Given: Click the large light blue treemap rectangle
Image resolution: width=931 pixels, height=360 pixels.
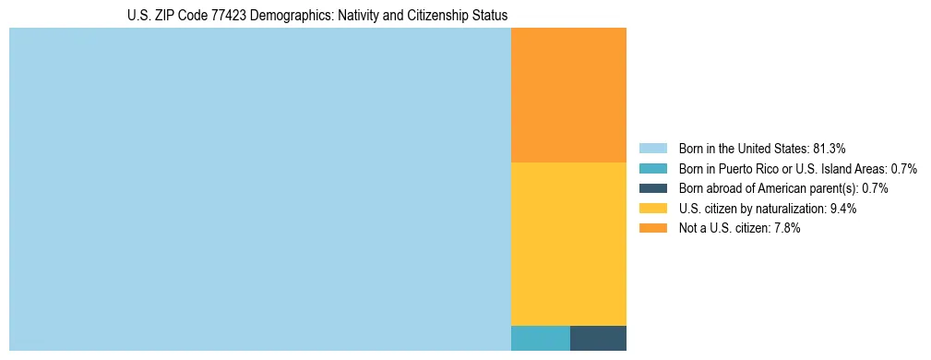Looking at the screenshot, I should (x=259, y=189).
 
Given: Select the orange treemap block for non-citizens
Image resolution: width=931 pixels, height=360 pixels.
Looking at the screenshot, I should (x=568, y=95).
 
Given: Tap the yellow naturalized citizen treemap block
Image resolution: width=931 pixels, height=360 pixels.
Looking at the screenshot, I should (x=568, y=244).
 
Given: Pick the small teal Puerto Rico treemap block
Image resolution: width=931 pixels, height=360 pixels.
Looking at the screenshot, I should (x=540, y=338).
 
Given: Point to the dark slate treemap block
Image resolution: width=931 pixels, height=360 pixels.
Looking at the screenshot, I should (x=598, y=338).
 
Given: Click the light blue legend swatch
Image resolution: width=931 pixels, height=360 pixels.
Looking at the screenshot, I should (x=652, y=149).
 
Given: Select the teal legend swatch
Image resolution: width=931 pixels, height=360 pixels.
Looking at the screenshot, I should (x=652, y=169).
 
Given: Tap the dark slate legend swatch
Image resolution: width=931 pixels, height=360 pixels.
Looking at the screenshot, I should (x=652, y=188).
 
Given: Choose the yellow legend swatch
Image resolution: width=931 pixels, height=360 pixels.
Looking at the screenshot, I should (x=652, y=209).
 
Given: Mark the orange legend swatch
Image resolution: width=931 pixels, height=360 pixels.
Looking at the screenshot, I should (x=652, y=228).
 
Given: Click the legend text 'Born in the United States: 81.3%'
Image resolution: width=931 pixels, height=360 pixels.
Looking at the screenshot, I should (x=762, y=149).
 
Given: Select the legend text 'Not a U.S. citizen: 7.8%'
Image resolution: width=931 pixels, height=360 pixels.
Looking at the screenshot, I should (x=739, y=228).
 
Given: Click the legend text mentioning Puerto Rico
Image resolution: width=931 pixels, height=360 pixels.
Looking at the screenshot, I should (x=797, y=169).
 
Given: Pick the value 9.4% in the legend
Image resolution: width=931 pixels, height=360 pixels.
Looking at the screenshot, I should (x=842, y=209).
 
